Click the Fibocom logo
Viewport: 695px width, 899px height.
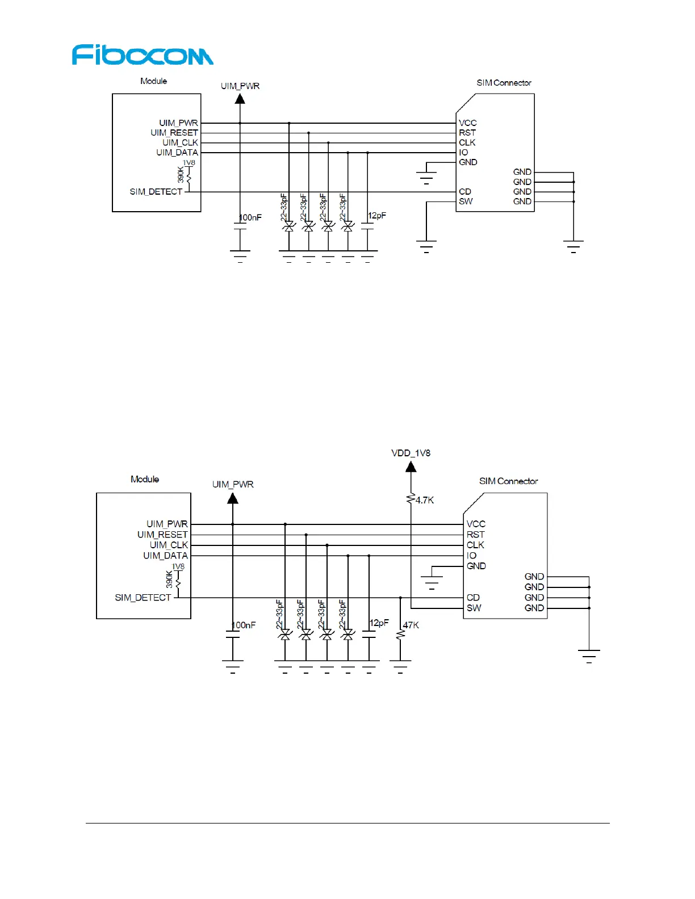click(143, 55)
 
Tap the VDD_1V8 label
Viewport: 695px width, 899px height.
click(411, 453)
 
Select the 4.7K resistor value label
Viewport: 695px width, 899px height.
click(425, 500)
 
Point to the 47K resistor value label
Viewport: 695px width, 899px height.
click(411, 625)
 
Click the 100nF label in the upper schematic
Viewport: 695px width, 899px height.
click(250, 217)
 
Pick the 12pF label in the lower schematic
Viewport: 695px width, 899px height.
click(379, 623)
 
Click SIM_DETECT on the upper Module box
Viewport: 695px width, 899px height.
click(156, 192)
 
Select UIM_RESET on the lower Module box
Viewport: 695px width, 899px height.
click(162, 535)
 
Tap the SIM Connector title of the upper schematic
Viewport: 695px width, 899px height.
click(504, 83)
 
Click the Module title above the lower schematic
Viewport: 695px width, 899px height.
click(145, 479)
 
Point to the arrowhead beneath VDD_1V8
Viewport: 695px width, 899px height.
click(411, 467)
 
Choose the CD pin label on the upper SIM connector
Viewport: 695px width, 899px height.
click(465, 192)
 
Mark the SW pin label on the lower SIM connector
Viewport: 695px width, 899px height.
click(474, 608)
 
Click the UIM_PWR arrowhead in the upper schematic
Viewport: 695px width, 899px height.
click(240, 99)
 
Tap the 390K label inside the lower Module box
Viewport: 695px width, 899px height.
click(169, 579)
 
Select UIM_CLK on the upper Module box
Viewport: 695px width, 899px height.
click(180, 142)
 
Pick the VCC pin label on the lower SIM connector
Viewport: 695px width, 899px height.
click(476, 524)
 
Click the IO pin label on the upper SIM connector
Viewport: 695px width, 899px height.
click(463, 152)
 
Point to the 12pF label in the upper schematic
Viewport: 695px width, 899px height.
click(377, 216)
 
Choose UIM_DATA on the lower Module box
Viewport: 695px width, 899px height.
click(165, 556)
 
